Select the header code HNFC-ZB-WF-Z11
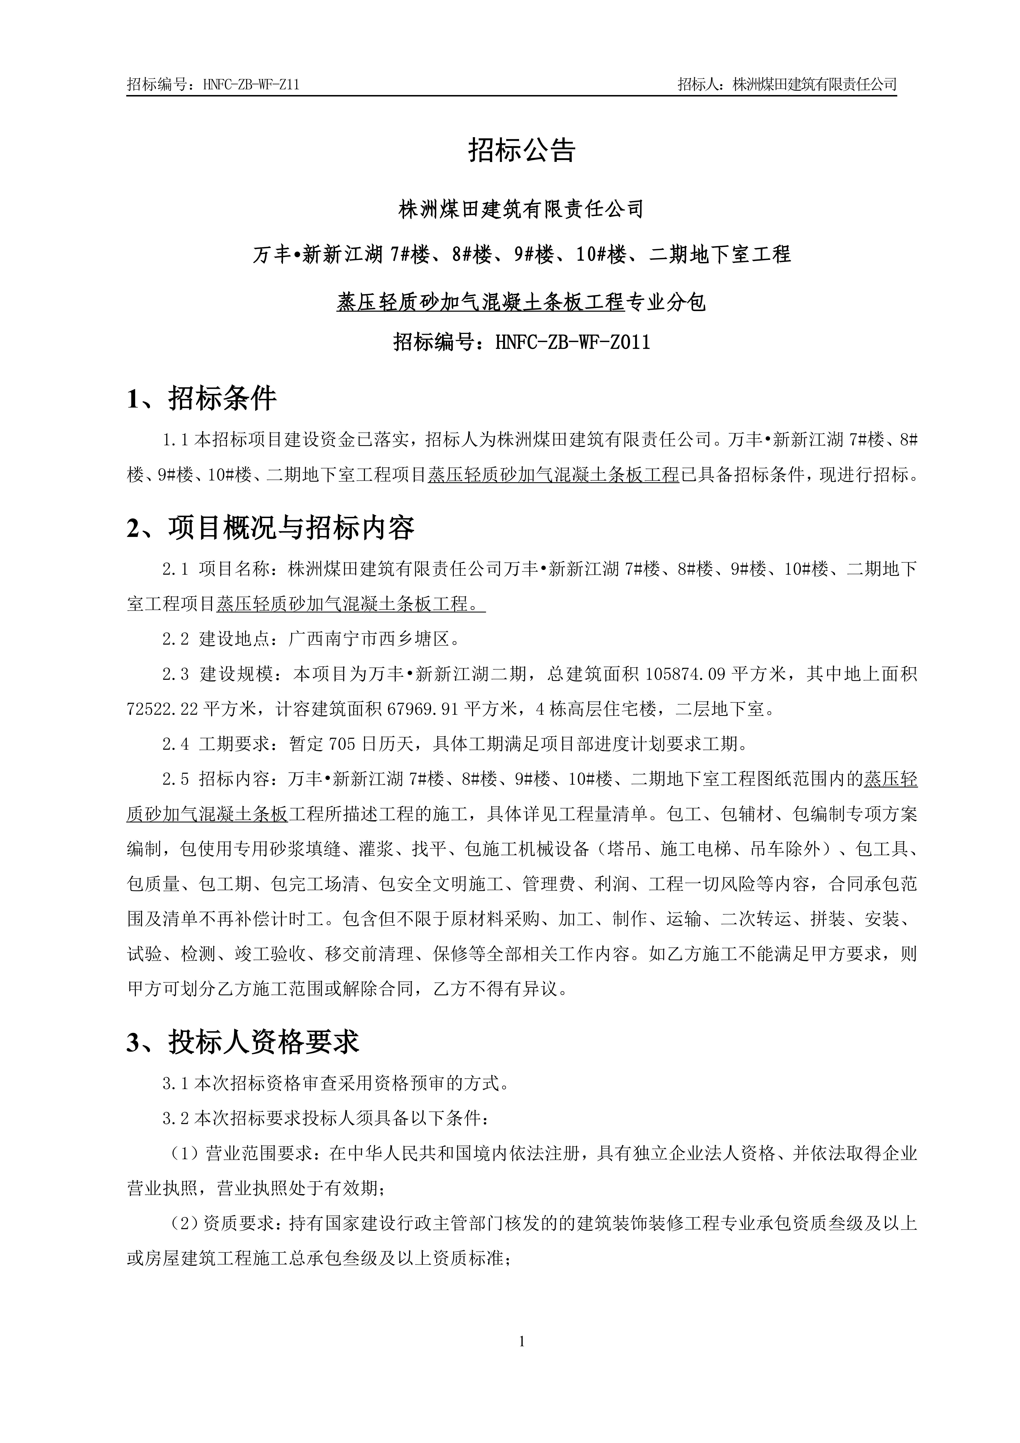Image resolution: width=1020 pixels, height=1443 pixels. click(251, 85)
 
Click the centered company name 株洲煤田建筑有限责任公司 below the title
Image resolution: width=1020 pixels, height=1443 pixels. click(522, 209)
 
